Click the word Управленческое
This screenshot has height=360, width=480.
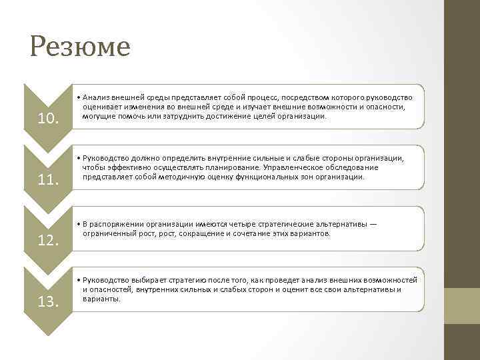297,167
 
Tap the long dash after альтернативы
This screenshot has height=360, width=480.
373,225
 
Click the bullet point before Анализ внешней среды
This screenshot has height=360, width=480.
78,98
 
